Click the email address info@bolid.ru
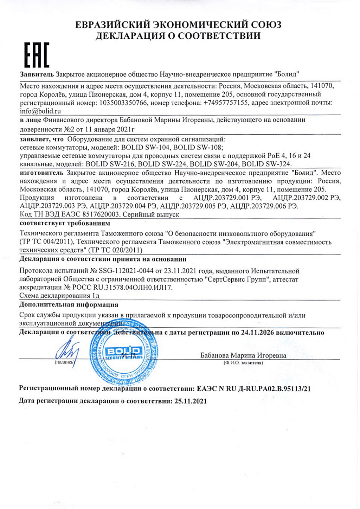click(40, 111)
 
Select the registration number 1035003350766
click(120, 103)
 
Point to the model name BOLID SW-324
click(267, 164)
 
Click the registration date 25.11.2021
click(191, 401)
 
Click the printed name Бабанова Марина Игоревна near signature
click(243, 355)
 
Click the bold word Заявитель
click(37, 74)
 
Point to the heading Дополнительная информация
click(69, 304)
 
